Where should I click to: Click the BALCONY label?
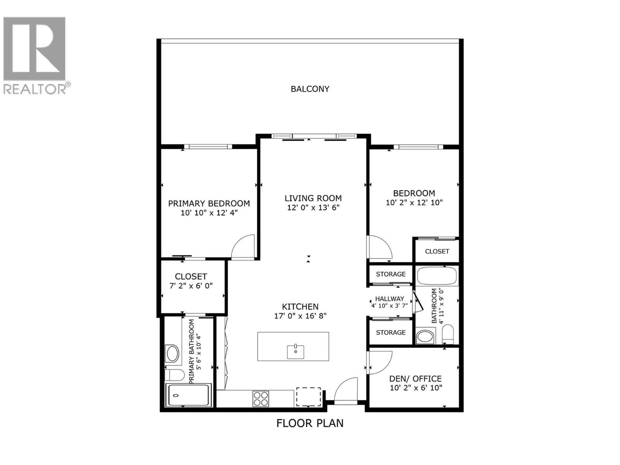pyautogui.click(x=310, y=89)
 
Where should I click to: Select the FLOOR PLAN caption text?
pyautogui.click(x=310, y=423)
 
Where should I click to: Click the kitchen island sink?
pyautogui.click(x=295, y=351)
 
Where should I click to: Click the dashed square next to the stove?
pyautogui.click(x=308, y=396)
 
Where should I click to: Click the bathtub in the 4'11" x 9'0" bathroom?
pyautogui.click(x=437, y=276)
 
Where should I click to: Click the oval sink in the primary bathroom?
pyautogui.click(x=172, y=353)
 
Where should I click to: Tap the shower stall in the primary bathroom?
pyautogui.click(x=188, y=395)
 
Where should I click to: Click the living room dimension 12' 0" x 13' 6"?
pyautogui.click(x=313, y=207)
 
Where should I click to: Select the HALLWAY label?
pyautogui.click(x=389, y=299)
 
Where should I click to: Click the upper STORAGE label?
pyautogui.click(x=391, y=274)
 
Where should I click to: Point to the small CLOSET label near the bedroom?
pyautogui.click(x=437, y=251)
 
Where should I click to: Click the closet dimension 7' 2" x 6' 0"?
pyautogui.click(x=191, y=286)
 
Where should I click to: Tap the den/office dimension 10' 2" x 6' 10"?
pyautogui.click(x=416, y=387)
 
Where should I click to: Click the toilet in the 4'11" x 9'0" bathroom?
pyautogui.click(x=448, y=334)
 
